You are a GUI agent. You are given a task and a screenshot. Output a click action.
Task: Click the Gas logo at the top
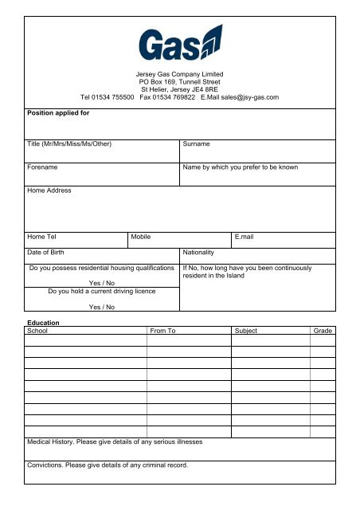pos(179,45)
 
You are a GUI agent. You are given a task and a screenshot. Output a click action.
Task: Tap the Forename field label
pos(45,168)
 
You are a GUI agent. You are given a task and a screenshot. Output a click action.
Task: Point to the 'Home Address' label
pos(49,190)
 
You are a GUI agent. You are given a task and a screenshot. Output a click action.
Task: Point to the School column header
pos(37,329)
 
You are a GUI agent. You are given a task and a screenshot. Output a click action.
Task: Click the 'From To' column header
pos(162,329)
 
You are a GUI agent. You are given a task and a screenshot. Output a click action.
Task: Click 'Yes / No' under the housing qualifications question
pos(101,283)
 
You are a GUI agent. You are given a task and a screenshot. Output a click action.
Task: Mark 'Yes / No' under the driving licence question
pos(101,307)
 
